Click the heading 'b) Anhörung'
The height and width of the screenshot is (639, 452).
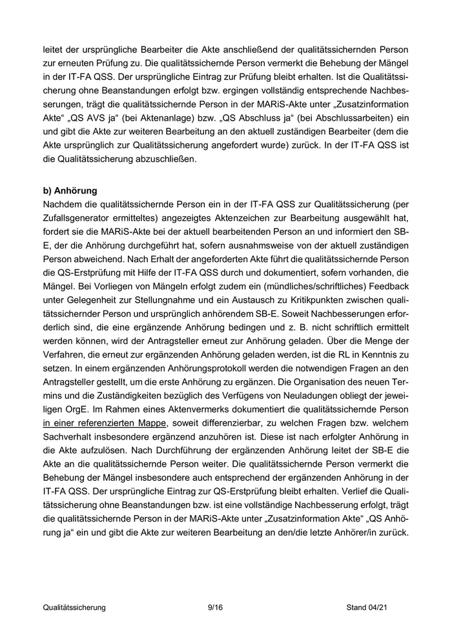click(x=69, y=191)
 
